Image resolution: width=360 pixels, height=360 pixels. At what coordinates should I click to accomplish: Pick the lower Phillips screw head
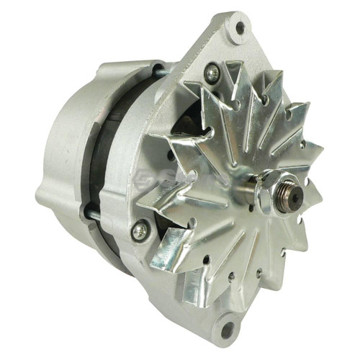[x=140, y=230]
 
